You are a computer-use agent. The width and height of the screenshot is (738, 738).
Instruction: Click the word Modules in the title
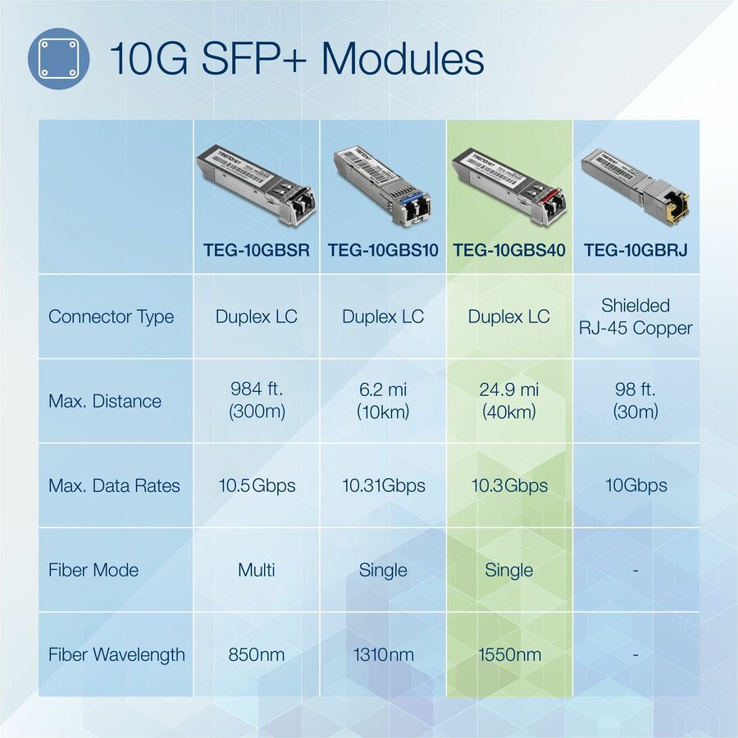(402, 59)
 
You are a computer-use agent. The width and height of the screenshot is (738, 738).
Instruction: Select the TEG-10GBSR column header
(257, 250)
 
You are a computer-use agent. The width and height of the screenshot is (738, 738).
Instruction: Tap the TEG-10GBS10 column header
(383, 250)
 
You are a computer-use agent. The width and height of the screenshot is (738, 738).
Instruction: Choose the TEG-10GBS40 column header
(509, 250)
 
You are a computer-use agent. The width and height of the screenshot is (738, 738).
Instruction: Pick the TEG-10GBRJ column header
(635, 250)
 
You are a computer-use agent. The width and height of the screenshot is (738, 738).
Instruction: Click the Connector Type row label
(112, 317)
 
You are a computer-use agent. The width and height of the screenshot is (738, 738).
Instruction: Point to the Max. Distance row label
(105, 401)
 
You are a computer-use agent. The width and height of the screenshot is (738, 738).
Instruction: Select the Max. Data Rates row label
(114, 485)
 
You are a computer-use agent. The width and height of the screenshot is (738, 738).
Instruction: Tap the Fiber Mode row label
(93, 570)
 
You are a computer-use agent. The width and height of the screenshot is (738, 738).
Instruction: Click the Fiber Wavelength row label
(116, 654)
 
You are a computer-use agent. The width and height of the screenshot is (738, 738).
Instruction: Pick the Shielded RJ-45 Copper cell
(635, 317)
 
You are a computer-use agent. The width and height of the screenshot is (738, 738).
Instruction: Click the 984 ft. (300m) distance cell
(257, 400)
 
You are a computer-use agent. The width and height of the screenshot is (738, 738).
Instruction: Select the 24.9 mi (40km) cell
(509, 400)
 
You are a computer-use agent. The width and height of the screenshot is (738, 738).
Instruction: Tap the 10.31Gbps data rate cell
(383, 485)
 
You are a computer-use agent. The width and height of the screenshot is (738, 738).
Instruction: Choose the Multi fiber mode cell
(257, 570)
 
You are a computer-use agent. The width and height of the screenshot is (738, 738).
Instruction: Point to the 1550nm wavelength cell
(509, 654)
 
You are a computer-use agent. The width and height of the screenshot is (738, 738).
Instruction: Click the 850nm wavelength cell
(257, 654)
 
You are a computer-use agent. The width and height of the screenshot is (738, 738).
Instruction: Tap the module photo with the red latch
(509, 184)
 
